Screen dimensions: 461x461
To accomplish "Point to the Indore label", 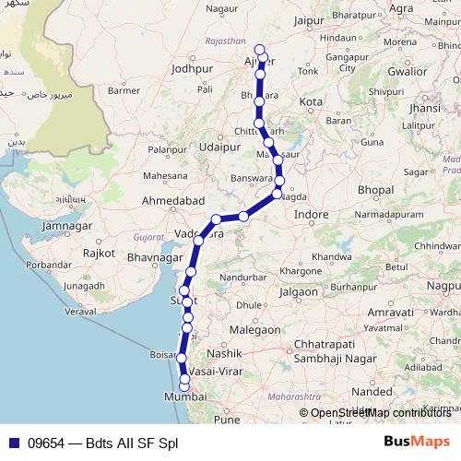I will [x=312, y=214].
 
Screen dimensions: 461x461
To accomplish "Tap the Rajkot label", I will [x=98, y=252].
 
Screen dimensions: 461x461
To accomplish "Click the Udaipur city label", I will [x=219, y=146].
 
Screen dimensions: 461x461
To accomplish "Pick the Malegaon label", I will [x=254, y=329].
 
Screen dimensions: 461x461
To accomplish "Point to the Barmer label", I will [x=124, y=90].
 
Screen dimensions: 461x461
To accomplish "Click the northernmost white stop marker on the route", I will [x=259, y=50].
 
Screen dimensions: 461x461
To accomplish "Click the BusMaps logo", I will [x=416, y=442].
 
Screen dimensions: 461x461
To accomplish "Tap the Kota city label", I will [x=312, y=101].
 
